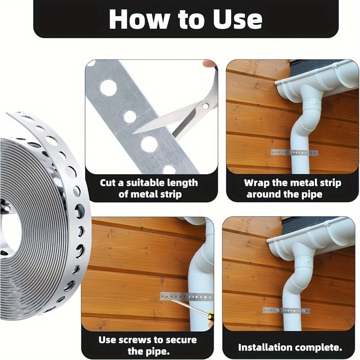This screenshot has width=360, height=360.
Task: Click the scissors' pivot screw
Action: click(x=205, y=106)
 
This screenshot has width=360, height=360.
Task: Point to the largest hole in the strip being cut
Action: click(x=108, y=88)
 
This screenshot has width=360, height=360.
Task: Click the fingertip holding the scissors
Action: click(x=210, y=63)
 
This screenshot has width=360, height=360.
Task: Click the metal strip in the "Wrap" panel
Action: click(x=295, y=153)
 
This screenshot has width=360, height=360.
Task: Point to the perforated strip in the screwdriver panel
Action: click(x=187, y=297)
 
